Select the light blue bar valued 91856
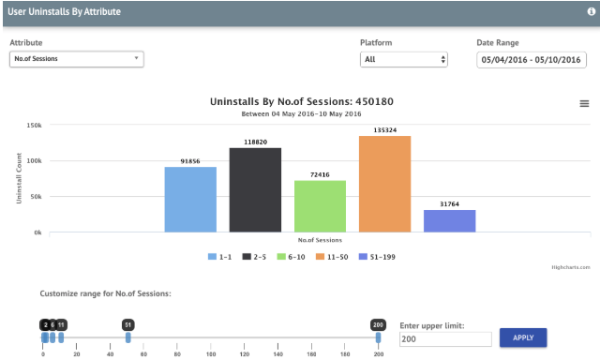coord(190,199)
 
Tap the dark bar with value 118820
coord(255,189)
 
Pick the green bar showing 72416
coord(320,205)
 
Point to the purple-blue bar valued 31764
coord(449,220)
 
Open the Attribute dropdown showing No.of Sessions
coord(76,59)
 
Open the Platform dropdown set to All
coord(404,59)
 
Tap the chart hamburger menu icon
coord(584,103)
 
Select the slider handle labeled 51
coord(127,337)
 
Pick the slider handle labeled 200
coord(379,337)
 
